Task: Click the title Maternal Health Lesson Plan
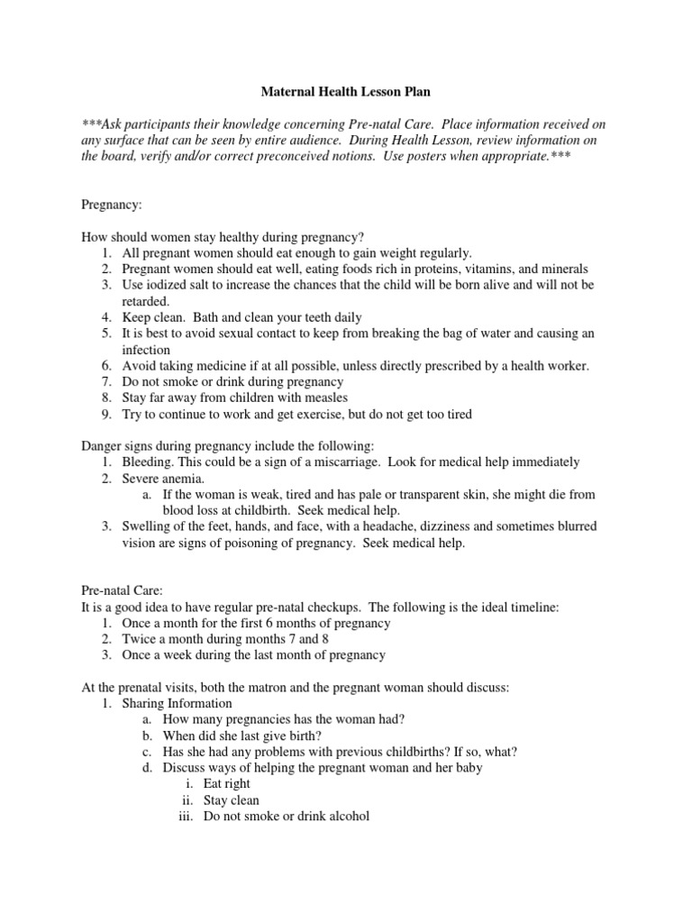pos(346,91)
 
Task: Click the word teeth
pos(294,317)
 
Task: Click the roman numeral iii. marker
pos(187,817)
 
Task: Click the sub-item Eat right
pos(227,784)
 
